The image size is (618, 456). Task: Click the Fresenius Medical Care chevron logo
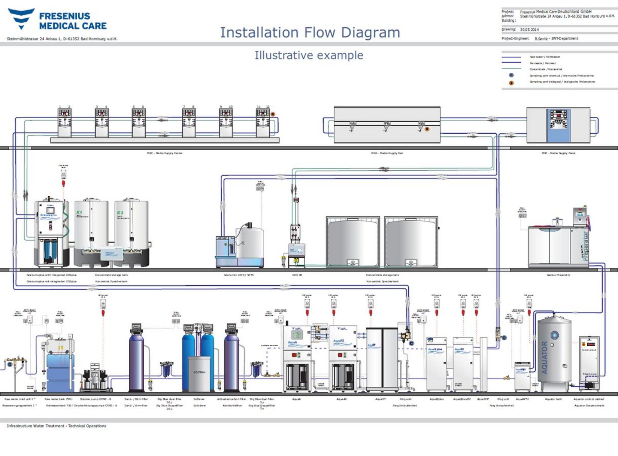point(21,18)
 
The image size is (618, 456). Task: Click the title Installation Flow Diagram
point(310,33)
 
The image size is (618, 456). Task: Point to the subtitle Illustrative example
point(309,55)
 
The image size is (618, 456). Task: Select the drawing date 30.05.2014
point(529,30)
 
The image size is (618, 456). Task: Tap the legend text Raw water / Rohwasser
point(545,57)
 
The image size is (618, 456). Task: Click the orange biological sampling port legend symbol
point(511,83)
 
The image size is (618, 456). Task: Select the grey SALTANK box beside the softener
point(199,373)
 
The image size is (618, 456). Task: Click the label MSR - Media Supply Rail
point(387,153)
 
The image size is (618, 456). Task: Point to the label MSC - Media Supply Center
point(164,153)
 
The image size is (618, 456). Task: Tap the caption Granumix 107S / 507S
point(239,275)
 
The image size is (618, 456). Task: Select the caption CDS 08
point(297,275)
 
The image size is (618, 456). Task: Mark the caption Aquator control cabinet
point(589,399)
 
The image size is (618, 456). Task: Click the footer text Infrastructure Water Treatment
point(56,426)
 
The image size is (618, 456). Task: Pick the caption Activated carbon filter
point(231,399)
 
